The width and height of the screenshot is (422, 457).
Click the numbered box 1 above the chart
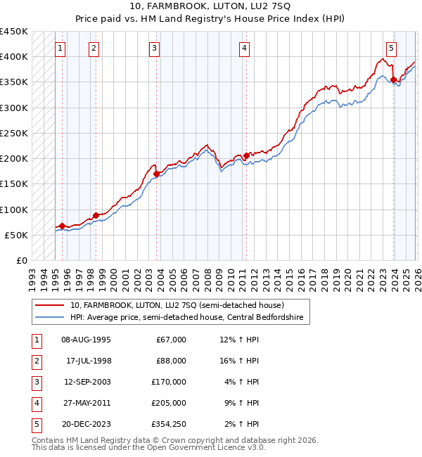(x=61, y=49)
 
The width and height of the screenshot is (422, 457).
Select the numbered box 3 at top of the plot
(x=154, y=49)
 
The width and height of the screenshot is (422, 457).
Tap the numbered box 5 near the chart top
(x=391, y=49)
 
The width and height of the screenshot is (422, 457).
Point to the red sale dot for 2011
(x=247, y=155)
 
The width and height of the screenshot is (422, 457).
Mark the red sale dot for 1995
(x=62, y=226)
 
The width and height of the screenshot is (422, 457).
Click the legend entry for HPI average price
(x=186, y=318)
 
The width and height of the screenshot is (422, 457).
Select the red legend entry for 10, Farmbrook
(x=177, y=305)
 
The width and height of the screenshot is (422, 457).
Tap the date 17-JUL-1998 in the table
(x=86, y=361)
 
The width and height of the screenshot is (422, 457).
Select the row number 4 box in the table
(x=36, y=403)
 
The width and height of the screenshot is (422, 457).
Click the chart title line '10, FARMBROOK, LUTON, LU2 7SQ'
(x=210, y=8)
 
